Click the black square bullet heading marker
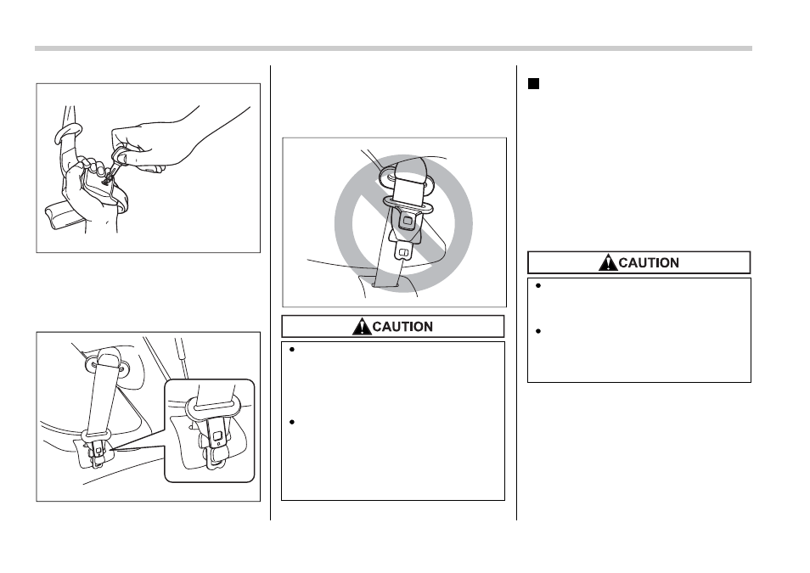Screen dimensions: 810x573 [533, 84]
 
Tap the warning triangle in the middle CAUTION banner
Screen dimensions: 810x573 [362, 327]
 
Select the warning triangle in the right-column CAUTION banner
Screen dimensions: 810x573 [608, 262]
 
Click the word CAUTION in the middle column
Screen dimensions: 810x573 [402, 327]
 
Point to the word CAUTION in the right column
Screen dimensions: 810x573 [649, 262]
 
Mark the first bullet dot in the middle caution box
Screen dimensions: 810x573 [292, 350]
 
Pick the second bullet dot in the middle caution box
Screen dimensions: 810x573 [292, 422]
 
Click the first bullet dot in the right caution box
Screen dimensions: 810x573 [538, 286]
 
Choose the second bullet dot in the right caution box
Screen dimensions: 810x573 [538, 331]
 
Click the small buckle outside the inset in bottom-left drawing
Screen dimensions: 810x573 [96, 453]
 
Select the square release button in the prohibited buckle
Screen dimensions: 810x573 [407, 221]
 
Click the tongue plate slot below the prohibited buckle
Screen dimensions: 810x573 [404, 253]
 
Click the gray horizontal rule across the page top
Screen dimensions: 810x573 [393, 48]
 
